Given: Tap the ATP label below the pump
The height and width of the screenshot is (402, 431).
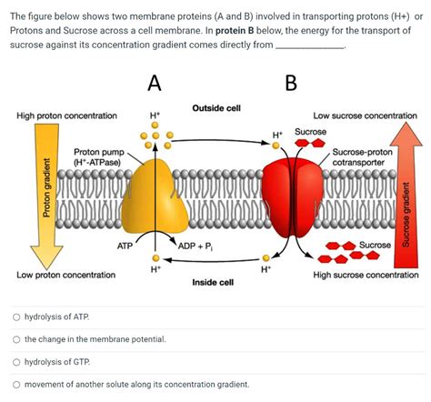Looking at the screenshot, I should tap(126, 246).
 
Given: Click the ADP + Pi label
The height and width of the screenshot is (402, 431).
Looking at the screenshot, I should tap(195, 246).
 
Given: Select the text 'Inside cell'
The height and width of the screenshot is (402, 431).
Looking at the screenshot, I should tap(213, 282).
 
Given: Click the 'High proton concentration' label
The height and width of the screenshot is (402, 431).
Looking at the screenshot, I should tap(66, 116).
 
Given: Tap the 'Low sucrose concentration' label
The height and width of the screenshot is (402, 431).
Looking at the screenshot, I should tap(365, 116).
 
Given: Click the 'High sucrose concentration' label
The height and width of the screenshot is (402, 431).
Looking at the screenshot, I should tap(366, 274).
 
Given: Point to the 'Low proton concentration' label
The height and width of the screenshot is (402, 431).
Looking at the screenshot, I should tap(65, 274).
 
